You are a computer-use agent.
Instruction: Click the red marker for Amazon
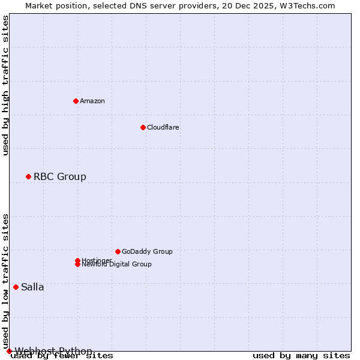click(76, 101)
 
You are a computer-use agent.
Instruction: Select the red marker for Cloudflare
click(143, 127)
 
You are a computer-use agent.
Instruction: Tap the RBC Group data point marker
click(28, 176)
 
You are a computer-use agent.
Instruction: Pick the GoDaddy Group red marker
click(118, 251)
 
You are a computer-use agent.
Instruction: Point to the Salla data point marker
click(16, 287)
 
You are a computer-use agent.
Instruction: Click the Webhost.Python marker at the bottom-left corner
click(9, 351)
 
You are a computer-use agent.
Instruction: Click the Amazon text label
click(92, 101)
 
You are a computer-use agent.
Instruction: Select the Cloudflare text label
click(163, 127)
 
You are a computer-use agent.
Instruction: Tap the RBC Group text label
click(60, 176)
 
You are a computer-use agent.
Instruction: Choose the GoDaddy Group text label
click(147, 251)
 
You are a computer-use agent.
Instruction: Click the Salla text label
click(32, 287)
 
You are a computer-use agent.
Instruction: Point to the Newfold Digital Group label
click(117, 265)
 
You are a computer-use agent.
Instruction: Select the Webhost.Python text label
click(54, 351)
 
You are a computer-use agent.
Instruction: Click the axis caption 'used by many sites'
click(301, 356)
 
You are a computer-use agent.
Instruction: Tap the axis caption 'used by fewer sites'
click(62, 356)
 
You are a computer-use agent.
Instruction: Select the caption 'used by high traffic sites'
click(6, 85)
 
